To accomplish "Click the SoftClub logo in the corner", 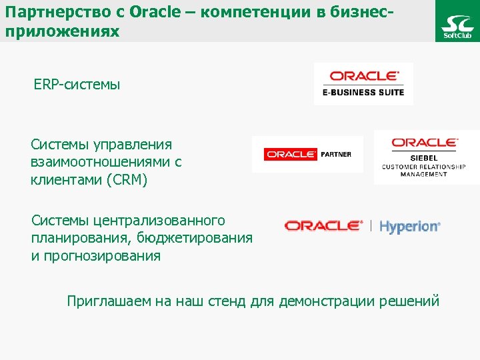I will coord(457,21).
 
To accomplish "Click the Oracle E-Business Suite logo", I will coord(363,84).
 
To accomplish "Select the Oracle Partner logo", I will coord(307,154).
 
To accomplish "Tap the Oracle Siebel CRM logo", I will coord(424,157).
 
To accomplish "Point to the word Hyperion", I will coord(409,227).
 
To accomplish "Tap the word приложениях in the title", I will coord(61,31).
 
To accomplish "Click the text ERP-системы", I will coord(77,85).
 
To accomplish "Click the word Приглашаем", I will coord(109,301).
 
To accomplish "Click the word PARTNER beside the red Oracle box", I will coord(336,154).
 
